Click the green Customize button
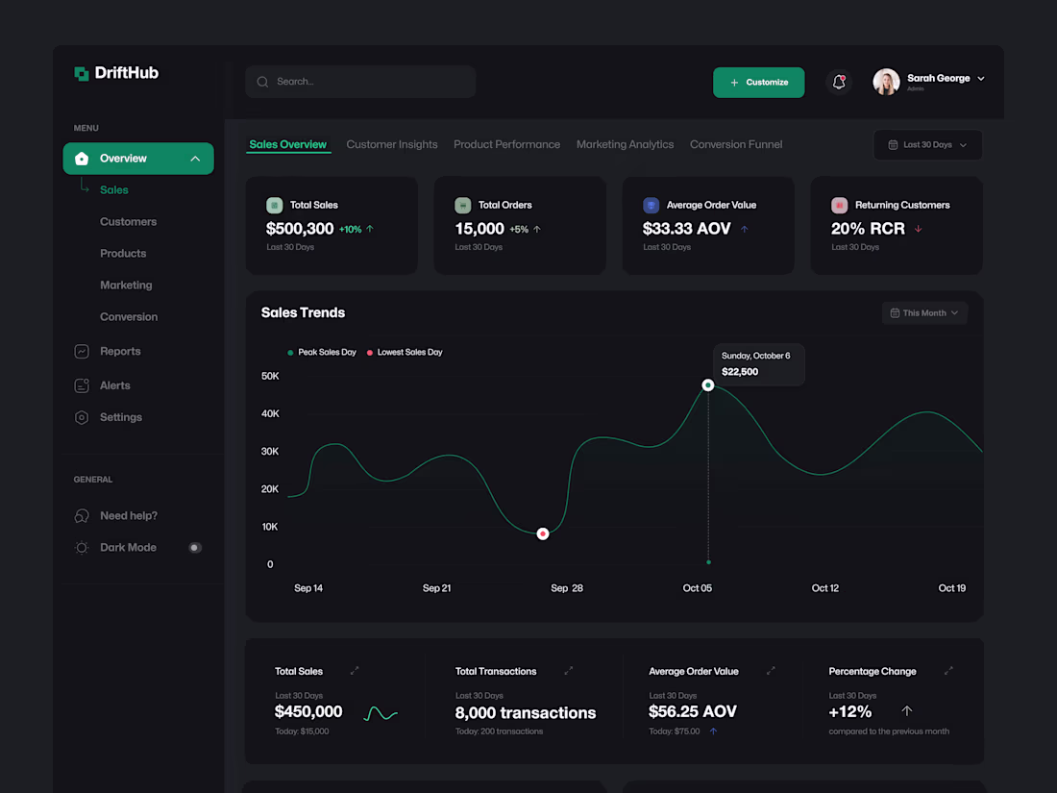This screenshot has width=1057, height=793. click(x=758, y=83)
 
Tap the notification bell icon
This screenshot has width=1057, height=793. click(x=839, y=83)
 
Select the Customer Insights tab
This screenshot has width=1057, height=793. click(x=392, y=144)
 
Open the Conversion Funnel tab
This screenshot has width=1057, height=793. click(x=736, y=144)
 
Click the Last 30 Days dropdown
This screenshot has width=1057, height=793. click(x=927, y=145)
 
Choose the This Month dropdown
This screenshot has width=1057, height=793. click(x=924, y=313)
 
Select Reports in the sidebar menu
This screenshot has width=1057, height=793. click(x=120, y=352)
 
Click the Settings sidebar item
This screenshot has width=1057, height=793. click(x=121, y=417)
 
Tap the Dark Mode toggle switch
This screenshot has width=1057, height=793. click(x=195, y=548)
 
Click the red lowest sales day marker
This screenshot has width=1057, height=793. click(x=543, y=533)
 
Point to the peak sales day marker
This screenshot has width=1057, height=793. click(x=708, y=385)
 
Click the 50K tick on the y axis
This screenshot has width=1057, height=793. click(x=270, y=376)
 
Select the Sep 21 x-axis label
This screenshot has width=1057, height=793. click(x=437, y=588)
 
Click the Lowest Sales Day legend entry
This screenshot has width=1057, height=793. click(x=409, y=353)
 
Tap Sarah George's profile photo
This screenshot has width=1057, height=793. click(x=886, y=82)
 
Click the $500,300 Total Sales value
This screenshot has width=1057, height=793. click(x=300, y=229)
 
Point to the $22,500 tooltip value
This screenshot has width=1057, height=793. click(x=740, y=372)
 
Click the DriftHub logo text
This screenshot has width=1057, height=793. click(x=127, y=73)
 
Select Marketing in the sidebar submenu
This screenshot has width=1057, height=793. click(x=126, y=285)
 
